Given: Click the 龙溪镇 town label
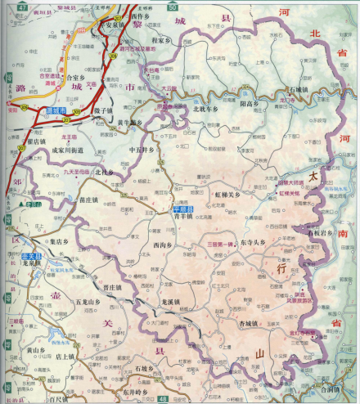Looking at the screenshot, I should pos(171,300).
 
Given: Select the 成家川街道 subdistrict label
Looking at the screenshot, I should pos(70,150).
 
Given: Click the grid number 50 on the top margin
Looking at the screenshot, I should pos(171,6).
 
